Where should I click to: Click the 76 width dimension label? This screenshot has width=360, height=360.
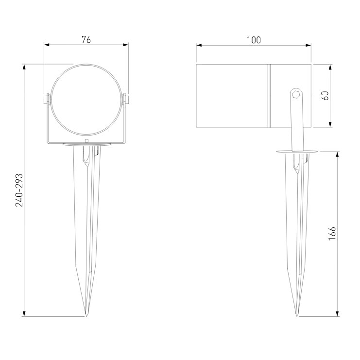86,40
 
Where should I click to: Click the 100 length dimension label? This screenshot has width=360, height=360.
254,40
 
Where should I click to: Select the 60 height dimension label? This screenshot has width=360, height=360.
325,96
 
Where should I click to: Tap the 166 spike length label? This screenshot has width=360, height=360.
332,234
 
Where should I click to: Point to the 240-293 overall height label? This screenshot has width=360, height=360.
19,190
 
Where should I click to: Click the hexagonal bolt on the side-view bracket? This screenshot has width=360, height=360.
296,94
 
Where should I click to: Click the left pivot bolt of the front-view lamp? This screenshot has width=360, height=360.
46,100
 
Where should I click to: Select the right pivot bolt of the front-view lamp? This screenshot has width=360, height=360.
126,100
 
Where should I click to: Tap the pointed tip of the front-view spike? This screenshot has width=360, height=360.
86,316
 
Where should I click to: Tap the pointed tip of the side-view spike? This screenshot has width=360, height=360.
297,316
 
